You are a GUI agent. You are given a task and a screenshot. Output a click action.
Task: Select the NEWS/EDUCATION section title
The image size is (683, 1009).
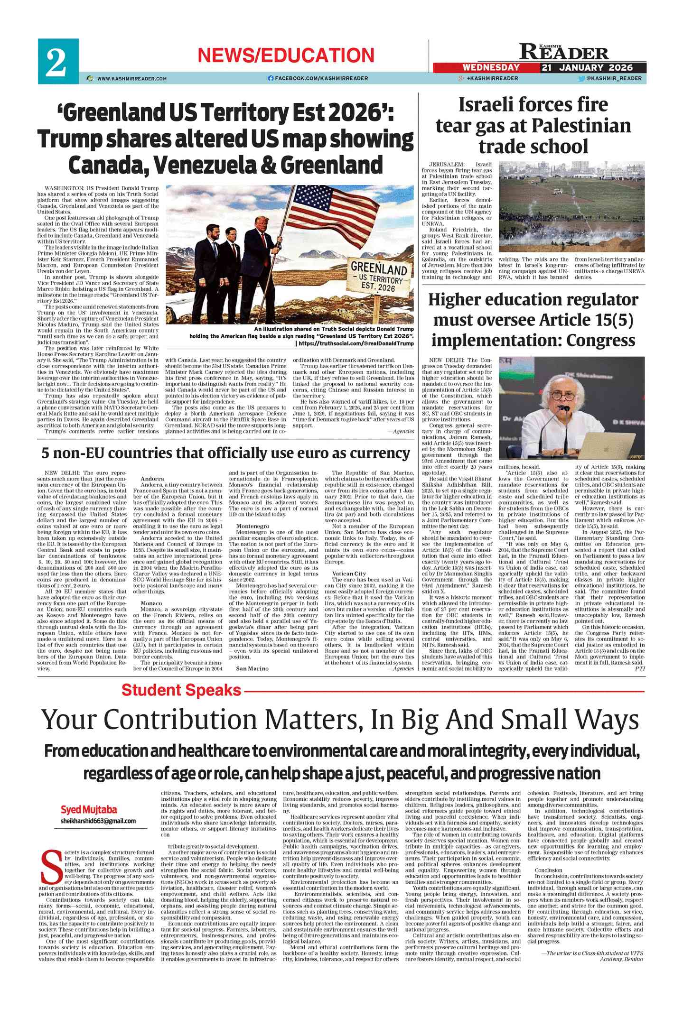tap(286, 56)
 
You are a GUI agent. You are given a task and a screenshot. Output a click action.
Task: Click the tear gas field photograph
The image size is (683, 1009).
tap(571, 208)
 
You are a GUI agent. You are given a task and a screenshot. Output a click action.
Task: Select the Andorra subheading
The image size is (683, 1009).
tap(152, 479)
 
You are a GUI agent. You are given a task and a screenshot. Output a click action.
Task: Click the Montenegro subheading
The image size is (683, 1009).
tap(253, 526)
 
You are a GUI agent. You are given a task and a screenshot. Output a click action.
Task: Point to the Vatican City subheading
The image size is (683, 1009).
tap(349, 574)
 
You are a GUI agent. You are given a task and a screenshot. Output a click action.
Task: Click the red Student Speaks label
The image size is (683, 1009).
tap(181, 690)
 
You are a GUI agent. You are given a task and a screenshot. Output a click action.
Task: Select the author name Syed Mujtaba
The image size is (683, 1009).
tap(89, 810)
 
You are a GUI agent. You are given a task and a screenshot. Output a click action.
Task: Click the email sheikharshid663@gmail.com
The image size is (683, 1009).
tap(98, 821)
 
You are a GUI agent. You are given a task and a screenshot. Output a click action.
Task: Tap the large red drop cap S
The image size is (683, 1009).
tap(50, 866)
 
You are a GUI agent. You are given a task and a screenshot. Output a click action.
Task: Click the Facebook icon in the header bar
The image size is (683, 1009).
tap(271, 78)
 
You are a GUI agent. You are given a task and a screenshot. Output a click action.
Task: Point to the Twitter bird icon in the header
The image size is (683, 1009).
tap(581, 79)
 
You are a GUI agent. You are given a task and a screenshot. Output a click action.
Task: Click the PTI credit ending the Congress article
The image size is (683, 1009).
tap(640, 668)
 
